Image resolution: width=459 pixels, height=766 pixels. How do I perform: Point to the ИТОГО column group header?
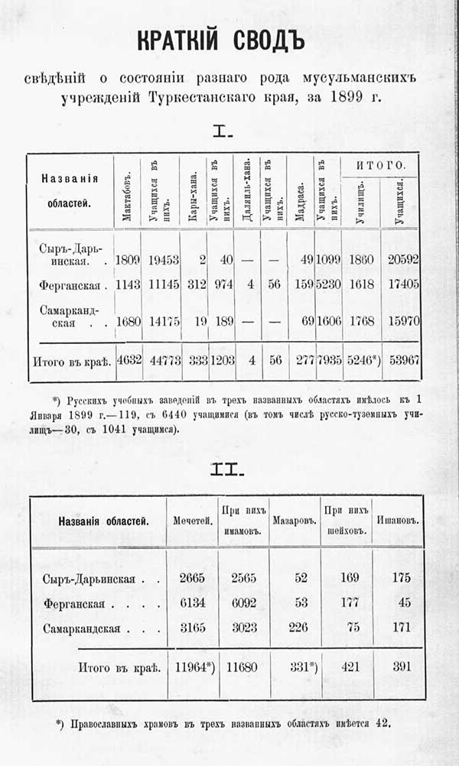point(379,165)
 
